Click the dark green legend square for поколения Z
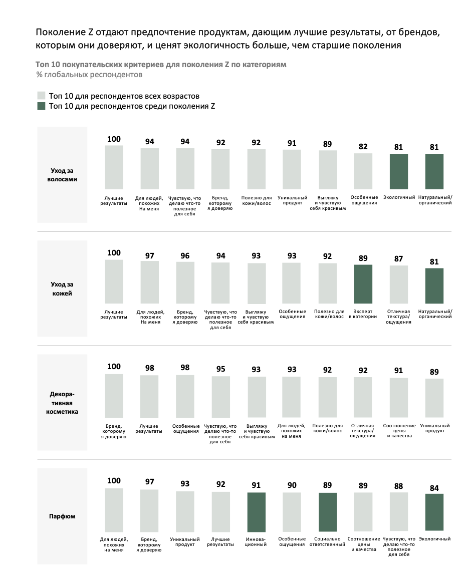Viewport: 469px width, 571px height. click(41, 106)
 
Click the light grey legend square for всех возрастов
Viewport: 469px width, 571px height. click(41, 96)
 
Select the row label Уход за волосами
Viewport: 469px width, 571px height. click(62, 175)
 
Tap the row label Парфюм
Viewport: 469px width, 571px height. click(62, 516)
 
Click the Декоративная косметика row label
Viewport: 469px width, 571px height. click(62, 403)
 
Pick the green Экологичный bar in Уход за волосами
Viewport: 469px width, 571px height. click(399, 171)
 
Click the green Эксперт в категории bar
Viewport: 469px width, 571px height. click(363, 284)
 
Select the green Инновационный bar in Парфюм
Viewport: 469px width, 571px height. click(257, 512)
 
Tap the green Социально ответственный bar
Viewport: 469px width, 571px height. click(328, 512)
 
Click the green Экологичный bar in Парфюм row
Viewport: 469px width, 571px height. click(434, 512)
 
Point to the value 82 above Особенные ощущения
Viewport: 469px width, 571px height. click(363, 146)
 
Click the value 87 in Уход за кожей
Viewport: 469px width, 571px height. click(399, 258)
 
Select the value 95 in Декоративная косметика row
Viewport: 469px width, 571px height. click(221, 369)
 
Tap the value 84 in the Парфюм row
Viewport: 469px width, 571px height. click(434, 488)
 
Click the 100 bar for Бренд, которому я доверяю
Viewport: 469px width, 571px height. click(114, 396)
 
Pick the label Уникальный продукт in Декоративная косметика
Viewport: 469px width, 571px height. click(435, 428)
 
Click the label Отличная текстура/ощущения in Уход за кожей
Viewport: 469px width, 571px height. click(399, 317)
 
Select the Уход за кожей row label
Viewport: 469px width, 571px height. click(62, 289)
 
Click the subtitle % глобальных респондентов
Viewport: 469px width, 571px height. click(89, 75)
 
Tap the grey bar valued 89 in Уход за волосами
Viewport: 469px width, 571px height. click(328, 170)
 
